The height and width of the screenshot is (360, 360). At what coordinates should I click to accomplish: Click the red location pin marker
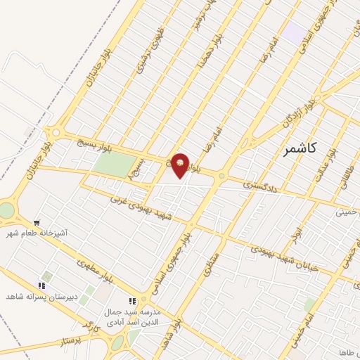point(181,165)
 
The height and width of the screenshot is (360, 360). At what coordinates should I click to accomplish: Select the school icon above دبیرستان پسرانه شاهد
point(41,285)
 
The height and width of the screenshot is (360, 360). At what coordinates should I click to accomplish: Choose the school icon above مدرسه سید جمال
point(131,302)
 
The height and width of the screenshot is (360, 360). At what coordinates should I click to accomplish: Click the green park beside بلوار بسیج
point(115,165)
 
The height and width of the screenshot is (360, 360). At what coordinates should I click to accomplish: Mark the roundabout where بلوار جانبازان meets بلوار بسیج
point(55,132)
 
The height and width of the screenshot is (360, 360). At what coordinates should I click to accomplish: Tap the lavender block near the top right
point(295,32)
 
